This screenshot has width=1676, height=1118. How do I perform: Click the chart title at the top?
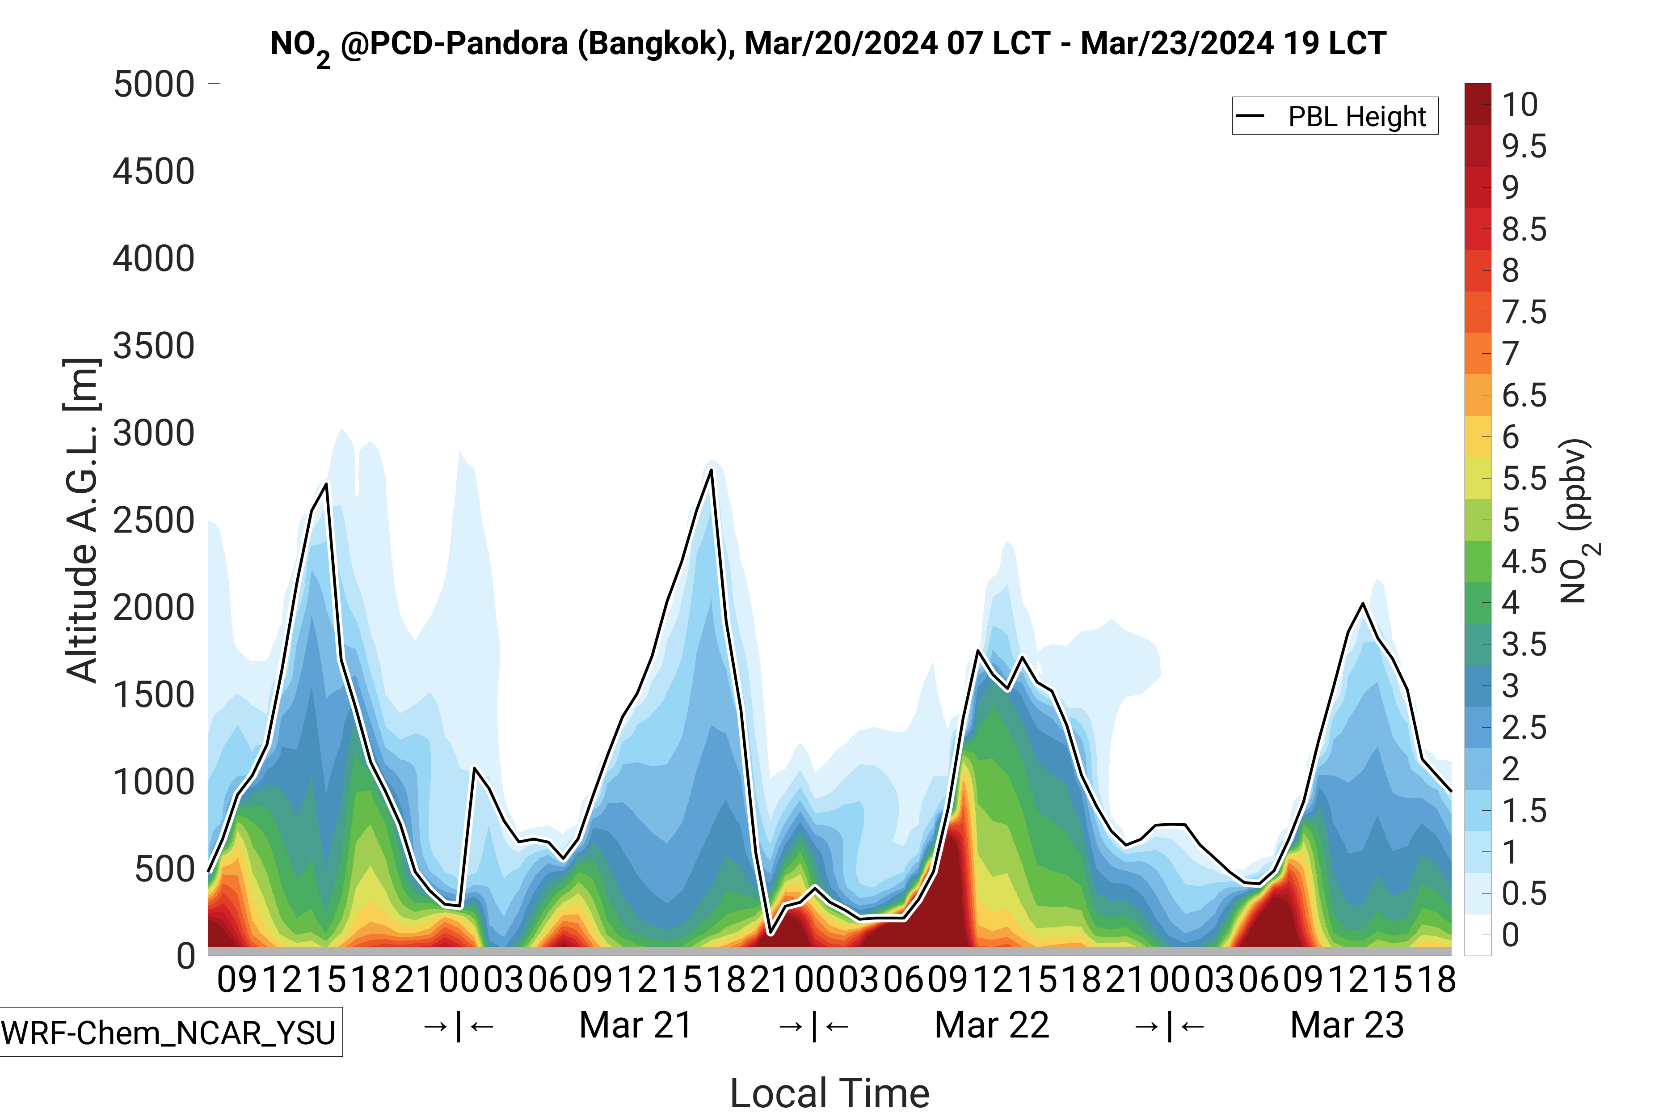click(x=828, y=44)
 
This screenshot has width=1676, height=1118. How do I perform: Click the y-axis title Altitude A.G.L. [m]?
click(x=81, y=521)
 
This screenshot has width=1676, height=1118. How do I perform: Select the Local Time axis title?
click(x=830, y=1093)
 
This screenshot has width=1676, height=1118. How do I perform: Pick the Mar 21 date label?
click(x=636, y=1025)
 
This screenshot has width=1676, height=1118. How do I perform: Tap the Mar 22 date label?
click(x=991, y=1025)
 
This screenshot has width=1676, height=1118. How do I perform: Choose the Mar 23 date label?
click(x=1347, y=1025)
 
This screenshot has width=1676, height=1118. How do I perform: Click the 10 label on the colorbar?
click(x=1520, y=105)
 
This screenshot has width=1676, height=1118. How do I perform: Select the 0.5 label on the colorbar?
click(x=1524, y=894)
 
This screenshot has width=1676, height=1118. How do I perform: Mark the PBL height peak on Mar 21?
click(x=711, y=470)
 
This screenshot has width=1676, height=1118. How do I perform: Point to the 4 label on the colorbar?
click(x=1511, y=602)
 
